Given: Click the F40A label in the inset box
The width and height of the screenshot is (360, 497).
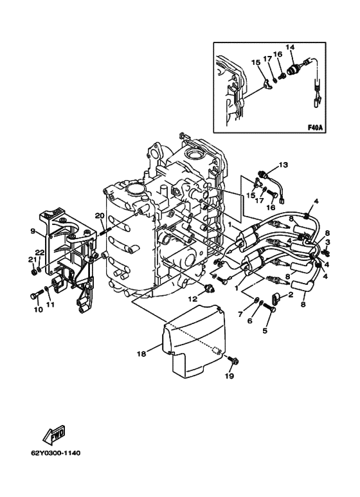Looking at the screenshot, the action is (315, 128).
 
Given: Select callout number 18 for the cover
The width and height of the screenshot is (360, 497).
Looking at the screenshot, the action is (141, 354).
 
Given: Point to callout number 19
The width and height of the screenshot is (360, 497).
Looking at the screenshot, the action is (230, 376).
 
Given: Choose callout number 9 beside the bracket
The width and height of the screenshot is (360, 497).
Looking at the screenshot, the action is (33, 231).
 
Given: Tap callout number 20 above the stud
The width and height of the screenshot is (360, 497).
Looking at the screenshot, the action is (100, 216).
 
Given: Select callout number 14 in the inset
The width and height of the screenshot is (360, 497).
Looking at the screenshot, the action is (290, 47).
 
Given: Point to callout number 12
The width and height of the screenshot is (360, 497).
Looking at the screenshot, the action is (194, 298).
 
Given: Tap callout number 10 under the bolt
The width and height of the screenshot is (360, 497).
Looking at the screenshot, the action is (38, 310).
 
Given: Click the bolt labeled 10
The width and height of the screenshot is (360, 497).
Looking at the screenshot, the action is (37, 294).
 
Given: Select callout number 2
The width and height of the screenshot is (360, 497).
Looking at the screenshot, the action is (291, 295).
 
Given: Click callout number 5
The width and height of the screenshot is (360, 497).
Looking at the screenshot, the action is (265, 330).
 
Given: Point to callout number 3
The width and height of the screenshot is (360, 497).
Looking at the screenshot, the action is (328, 242).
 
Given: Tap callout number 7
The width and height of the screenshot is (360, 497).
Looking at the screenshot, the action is (240, 314).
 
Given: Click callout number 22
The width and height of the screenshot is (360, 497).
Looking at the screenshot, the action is (39, 252).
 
